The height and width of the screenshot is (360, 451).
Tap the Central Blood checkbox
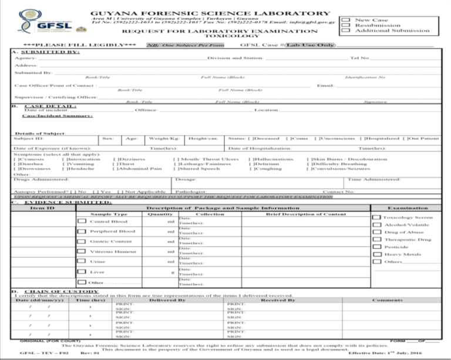(82, 221)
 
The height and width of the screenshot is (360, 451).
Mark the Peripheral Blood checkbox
(82, 231)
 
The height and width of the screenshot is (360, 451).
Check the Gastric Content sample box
(82, 241)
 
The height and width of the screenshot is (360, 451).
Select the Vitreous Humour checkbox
(82, 251)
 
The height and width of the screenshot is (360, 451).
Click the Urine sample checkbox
(82, 261)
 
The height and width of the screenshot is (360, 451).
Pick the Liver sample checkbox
(82, 272)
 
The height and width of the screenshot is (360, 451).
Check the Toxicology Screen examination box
(376, 217)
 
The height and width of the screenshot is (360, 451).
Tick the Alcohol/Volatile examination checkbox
(376, 225)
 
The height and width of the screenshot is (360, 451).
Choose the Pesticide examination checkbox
(376, 247)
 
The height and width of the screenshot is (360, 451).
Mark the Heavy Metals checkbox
(376, 254)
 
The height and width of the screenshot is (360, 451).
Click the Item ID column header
(42, 208)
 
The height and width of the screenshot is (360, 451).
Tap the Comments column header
(388, 300)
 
